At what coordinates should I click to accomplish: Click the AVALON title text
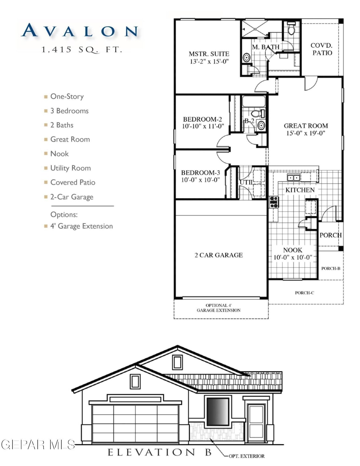click(80, 31)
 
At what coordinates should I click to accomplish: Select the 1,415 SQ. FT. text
click(82, 50)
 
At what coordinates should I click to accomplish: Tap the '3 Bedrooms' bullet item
click(69, 111)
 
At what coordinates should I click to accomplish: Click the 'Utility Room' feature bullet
click(70, 168)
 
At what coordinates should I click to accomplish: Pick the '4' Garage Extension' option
click(81, 226)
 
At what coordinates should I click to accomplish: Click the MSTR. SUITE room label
click(209, 54)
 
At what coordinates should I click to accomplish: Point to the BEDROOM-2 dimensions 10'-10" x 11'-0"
click(203, 126)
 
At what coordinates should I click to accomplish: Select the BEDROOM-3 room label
click(200, 172)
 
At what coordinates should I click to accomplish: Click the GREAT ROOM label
click(306, 126)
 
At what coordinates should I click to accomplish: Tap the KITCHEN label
click(300, 190)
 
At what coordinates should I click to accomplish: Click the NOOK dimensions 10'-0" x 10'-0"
click(293, 258)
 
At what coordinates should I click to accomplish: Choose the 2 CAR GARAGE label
click(219, 255)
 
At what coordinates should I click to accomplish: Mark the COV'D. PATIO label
click(322, 49)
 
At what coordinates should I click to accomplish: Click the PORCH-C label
click(304, 293)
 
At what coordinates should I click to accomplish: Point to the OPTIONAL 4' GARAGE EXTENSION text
click(219, 308)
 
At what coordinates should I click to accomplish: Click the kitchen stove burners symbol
click(274, 202)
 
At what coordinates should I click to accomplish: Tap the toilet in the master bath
click(291, 28)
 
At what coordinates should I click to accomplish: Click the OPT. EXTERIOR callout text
click(246, 456)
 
